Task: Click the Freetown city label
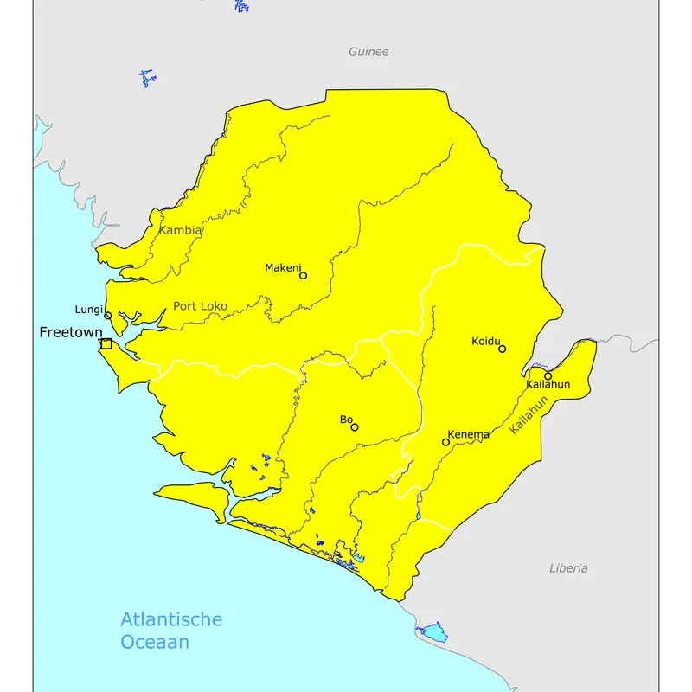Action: point(70,332)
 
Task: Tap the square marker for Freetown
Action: point(106,344)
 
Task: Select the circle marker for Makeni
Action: point(303,276)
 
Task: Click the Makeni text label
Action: point(282,268)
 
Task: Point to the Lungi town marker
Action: point(108,316)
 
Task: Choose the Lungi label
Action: point(89,310)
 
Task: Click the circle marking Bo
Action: point(355,426)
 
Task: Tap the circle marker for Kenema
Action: point(446,442)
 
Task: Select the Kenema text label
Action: point(469,434)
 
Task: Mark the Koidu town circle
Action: point(503,349)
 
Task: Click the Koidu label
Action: point(486,341)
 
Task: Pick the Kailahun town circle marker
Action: point(548,375)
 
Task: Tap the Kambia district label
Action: point(181,231)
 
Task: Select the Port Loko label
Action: point(200,306)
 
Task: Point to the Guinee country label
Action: point(368,52)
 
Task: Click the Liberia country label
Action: point(568,568)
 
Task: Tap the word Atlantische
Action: point(171,619)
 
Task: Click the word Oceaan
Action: point(155,643)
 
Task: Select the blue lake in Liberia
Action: point(432,632)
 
